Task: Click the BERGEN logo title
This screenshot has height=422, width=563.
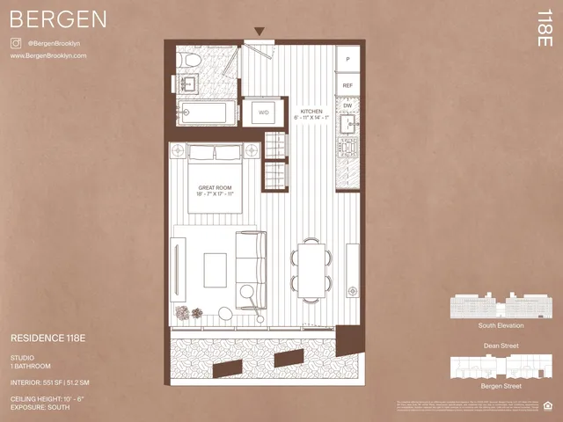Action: [x=59, y=18]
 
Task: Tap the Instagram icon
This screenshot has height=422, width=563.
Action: [x=15, y=42]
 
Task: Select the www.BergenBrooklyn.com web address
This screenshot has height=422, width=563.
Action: [x=48, y=55]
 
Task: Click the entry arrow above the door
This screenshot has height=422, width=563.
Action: [x=259, y=33]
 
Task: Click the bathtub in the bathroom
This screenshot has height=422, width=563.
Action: [x=207, y=113]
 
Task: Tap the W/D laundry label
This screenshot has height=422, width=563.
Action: [x=263, y=113]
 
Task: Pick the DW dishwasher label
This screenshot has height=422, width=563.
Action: [x=347, y=105]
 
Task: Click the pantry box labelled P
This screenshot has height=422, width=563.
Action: [x=348, y=59]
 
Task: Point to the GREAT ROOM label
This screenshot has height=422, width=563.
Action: [x=215, y=188]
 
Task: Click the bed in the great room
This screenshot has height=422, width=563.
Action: [x=216, y=180]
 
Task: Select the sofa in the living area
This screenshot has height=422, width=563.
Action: [x=250, y=264]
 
